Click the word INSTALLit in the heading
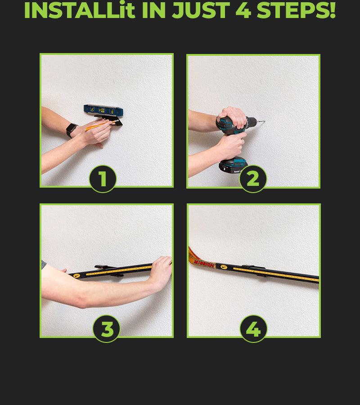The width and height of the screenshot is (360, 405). (80, 10)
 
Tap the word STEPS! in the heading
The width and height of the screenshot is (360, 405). (296, 10)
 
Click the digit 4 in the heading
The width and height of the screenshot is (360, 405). (243, 10)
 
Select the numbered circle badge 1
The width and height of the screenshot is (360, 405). (103, 179)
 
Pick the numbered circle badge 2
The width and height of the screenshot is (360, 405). (253, 179)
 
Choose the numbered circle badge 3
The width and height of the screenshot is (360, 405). (106, 329)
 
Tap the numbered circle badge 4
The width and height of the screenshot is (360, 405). (254, 329)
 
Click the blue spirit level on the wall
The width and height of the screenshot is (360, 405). (103, 110)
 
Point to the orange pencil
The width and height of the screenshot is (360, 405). (101, 125)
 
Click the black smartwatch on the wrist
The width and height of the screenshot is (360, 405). (71, 130)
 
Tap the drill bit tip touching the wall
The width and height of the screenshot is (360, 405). (264, 121)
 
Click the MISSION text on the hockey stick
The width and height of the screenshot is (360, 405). (204, 264)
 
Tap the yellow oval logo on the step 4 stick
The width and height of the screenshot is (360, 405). (224, 267)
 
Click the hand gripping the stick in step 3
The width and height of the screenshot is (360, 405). (160, 272)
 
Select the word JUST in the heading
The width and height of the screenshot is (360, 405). (201, 10)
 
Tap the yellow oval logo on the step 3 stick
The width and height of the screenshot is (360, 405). (76, 275)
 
